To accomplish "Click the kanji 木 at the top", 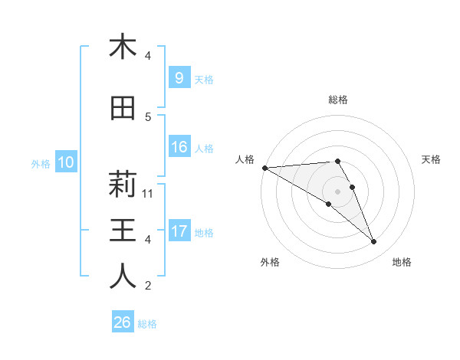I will tap(123, 47).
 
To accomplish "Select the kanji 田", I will tap(123, 109).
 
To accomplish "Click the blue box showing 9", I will tap(179, 77).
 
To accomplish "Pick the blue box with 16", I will tap(179, 147).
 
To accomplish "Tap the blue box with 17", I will tap(179, 231).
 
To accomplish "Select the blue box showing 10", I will tap(65, 162).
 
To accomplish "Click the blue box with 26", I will tap(123, 323).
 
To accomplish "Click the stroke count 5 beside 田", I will tap(148, 116).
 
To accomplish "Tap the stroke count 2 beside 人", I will tap(148, 286).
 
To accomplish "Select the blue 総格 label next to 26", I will tap(147, 324).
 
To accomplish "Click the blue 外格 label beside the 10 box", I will tap(41, 163).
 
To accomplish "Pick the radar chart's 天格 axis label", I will tap(431, 159).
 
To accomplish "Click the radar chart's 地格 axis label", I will tap(402, 262).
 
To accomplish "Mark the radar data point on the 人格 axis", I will tap(264, 168).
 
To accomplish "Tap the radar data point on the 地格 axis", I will tap(373, 242).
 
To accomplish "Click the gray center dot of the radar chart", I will tap(337, 191).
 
